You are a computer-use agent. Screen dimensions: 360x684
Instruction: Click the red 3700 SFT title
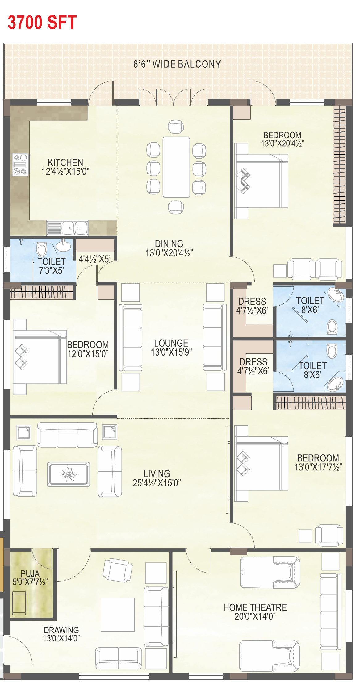click(42, 22)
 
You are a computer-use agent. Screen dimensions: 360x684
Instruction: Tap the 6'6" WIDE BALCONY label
click(177, 64)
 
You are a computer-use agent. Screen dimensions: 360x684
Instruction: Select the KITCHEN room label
click(65, 162)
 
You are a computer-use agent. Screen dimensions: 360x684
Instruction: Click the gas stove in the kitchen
click(20, 165)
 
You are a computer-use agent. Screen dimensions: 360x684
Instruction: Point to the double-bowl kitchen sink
click(68, 228)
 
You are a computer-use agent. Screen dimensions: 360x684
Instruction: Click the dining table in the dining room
click(176, 167)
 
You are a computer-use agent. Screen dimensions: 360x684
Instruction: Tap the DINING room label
click(169, 244)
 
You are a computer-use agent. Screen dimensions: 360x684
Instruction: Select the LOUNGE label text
click(171, 343)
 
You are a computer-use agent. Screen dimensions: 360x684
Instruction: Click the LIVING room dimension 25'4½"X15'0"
click(157, 483)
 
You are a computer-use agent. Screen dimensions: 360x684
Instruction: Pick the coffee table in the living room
click(69, 474)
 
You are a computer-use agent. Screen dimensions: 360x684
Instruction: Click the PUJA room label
click(30, 574)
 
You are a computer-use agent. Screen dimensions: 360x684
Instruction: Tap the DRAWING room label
click(61, 630)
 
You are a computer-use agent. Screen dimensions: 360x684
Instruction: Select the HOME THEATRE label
click(255, 607)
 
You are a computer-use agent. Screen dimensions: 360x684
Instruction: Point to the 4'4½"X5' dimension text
click(94, 259)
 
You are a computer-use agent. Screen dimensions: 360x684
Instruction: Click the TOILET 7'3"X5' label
click(51, 266)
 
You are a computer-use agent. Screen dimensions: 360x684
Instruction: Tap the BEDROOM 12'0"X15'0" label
click(88, 349)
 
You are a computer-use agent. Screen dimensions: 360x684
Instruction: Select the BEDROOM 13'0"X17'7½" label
click(318, 462)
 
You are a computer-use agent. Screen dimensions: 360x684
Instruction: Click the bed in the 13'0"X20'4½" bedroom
click(261, 181)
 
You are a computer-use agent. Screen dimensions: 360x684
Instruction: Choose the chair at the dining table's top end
click(176, 127)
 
